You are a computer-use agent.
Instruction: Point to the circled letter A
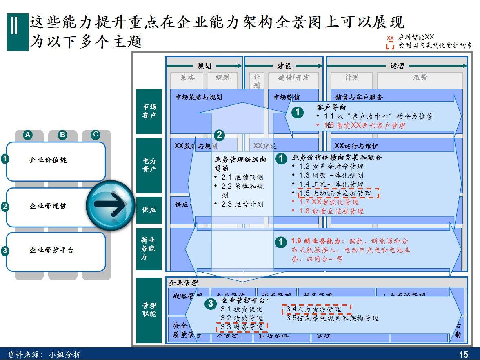(x=28, y=135)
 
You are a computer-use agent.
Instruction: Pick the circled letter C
(x=96, y=135)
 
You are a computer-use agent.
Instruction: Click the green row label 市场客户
(x=149, y=111)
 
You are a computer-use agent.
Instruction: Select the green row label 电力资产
(x=149, y=165)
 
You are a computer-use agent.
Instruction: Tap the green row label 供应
(x=149, y=210)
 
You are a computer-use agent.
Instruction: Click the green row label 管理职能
(x=149, y=310)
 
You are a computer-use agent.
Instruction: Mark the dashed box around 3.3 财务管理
(x=242, y=327)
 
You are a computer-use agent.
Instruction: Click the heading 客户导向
(x=331, y=108)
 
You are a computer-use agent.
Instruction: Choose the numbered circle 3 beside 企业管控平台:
(x=210, y=303)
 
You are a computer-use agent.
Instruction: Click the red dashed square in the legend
(x=390, y=45)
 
